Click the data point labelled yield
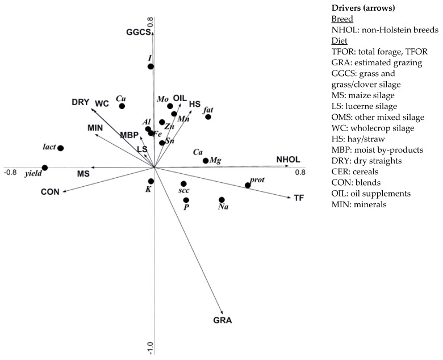click(x=45, y=168)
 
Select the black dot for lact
click(x=61, y=148)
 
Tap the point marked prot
click(x=248, y=185)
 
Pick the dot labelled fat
click(x=208, y=117)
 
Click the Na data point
click(x=221, y=200)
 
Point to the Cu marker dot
click(x=122, y=106)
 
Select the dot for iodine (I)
click(x=151, y=66)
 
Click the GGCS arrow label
click(x=139, y=32)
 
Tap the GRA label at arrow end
click(x=223, y=320)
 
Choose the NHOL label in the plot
click(x=288, y=160)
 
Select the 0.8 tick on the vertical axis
click(x=151, y=23)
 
